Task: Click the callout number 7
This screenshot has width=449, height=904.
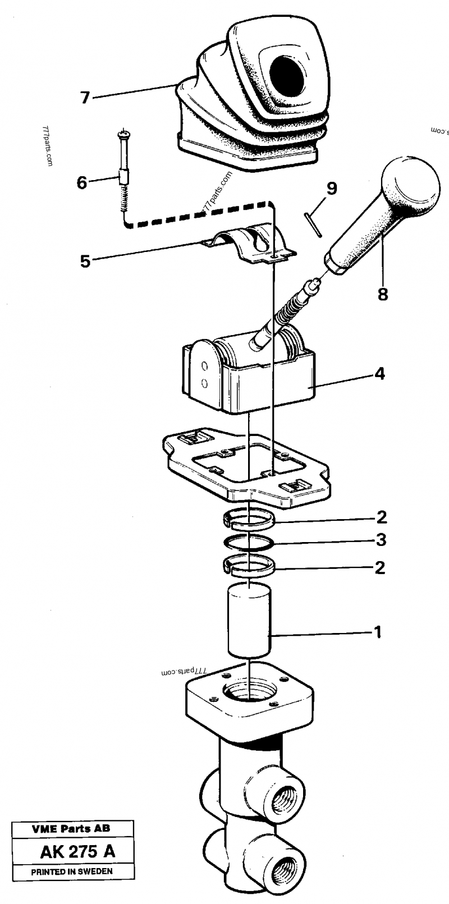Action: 85,98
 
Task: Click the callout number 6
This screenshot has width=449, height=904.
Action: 82,182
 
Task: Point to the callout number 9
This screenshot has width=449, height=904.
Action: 332,189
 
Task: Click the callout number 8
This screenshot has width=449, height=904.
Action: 383,293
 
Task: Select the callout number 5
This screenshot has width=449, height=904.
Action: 85,261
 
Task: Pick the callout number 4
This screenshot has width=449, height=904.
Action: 380,373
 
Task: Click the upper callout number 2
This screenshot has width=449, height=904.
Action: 381,516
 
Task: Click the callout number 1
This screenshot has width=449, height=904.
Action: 377,632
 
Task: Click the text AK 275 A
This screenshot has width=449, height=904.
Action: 77,851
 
